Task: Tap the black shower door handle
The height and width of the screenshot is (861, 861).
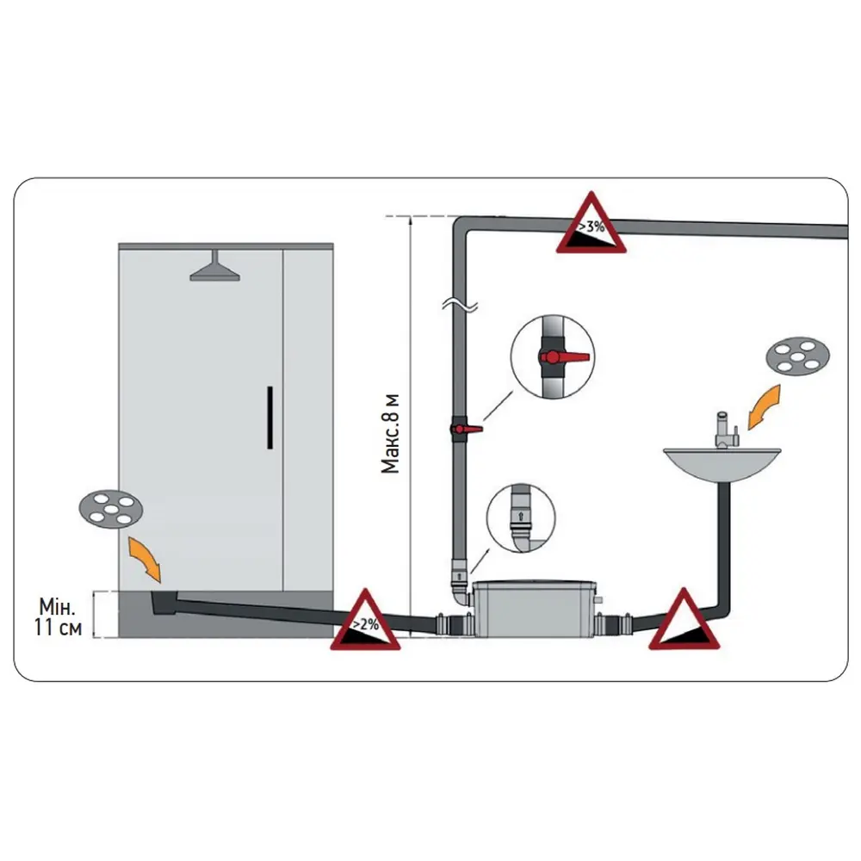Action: pyautogui.click(x=269, y=418)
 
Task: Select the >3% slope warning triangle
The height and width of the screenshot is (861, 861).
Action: pyautogui.click(x=591, y=223)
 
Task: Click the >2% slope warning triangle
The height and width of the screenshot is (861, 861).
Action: pyautogui.click(x=365, y=620)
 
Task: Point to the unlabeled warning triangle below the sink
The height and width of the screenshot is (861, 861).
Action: pyautogui.click(x=684, y=619)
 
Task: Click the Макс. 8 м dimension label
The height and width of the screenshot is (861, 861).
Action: pyautogui.click(x=390, y=434)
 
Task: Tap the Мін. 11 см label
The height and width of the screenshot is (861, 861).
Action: pyautogui.click(x=59, y=616)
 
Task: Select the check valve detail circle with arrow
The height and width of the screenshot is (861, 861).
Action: pyautogui.click(x=521, y=517)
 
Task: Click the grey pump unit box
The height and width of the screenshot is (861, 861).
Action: pyautogui.click(x=535, y=608)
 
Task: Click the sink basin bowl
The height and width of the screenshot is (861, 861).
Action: pyautogui.click(x=722, y=464)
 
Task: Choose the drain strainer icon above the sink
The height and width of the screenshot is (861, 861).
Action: pyautogui.click(x=797, y=356)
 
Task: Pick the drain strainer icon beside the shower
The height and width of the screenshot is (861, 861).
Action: pyautogui.click(x=111, y=508)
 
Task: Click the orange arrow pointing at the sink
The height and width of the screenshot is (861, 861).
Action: pyautogui.click(x=764, y=407)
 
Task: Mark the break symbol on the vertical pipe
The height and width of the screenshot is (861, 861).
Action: pyautogui.click(x=460, y=305)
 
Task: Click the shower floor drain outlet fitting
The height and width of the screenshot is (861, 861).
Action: pyautogui.click(x=164, y=603)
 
